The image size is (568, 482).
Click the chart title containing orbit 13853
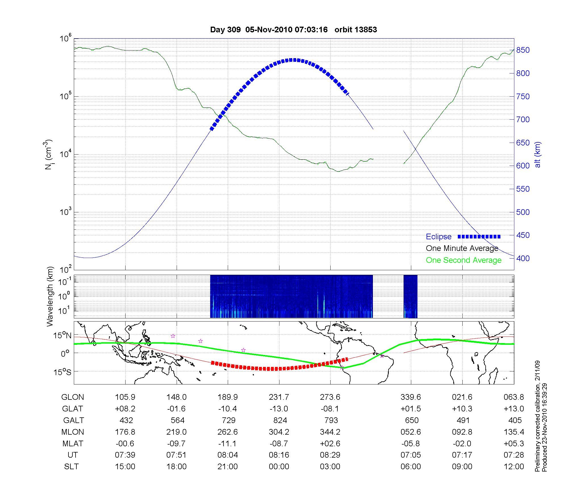(293, 30)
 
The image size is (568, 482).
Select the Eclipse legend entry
(438, 237)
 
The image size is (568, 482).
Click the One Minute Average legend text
(462, 248)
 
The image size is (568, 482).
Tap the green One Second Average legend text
(463, 260)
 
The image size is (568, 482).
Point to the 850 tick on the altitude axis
(523, 50)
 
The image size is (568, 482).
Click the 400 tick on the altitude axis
(523, 258)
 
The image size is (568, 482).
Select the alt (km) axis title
(538, 155)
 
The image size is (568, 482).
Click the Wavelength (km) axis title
(50, 296)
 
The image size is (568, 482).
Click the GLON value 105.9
(125, 397)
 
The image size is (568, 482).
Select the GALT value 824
(280, 420)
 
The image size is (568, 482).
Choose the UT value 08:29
(330, 455)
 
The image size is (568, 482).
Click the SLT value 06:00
(411, 467)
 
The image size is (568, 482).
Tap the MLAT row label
(73, 443)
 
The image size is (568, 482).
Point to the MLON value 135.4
(514, 432)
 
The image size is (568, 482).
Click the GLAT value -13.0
(279, 409)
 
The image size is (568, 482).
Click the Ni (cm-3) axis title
(49, 155)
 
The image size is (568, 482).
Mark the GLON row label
(73, 397)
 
